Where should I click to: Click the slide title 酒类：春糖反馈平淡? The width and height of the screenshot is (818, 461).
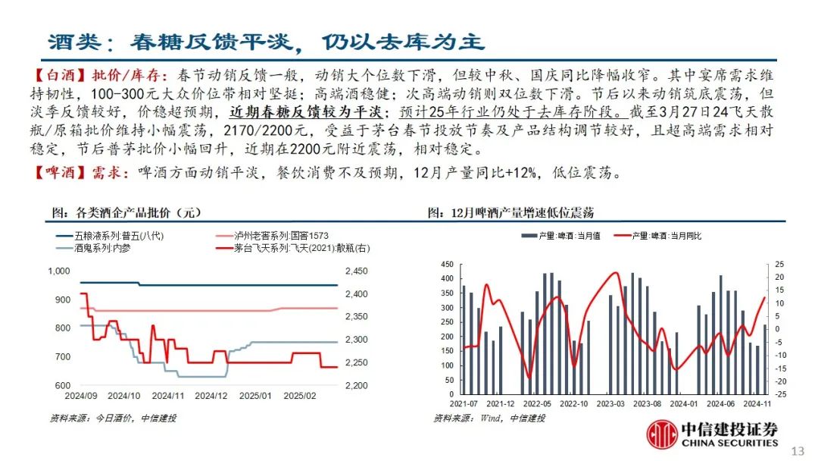(x=265, y=41)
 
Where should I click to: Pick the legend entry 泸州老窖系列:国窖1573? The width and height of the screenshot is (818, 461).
(x=281, y=236)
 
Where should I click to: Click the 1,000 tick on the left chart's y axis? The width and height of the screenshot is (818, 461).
(x=58, y=271)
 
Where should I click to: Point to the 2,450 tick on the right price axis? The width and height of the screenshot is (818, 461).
(x=355, y=271)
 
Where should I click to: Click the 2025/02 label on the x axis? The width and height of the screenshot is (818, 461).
(x=299, y=395)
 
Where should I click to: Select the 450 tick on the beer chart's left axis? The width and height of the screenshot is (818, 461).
(x=446, y=265)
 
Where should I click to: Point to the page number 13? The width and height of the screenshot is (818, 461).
(x=797, y=451)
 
